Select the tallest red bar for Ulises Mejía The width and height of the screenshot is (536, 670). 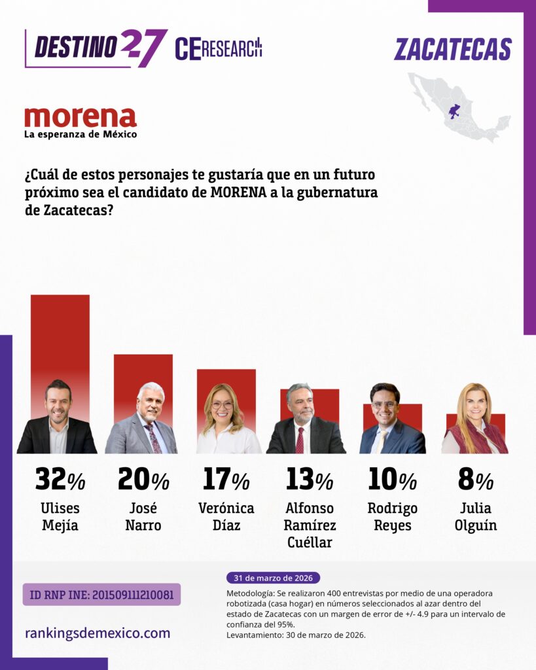(60, 334)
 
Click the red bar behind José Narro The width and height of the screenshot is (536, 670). (143, 370)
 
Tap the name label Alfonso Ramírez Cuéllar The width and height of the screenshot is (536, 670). (310, 525)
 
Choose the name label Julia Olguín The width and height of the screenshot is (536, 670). (475, 516)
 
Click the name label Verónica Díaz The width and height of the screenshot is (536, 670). (226, 516)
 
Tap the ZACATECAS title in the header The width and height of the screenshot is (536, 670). (453, 50)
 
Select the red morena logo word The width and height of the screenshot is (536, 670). (80, 117)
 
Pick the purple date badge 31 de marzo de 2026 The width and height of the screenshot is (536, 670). (273, 578)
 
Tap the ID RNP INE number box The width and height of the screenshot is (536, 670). (101, 594)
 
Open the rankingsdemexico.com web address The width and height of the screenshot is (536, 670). (98, 633)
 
